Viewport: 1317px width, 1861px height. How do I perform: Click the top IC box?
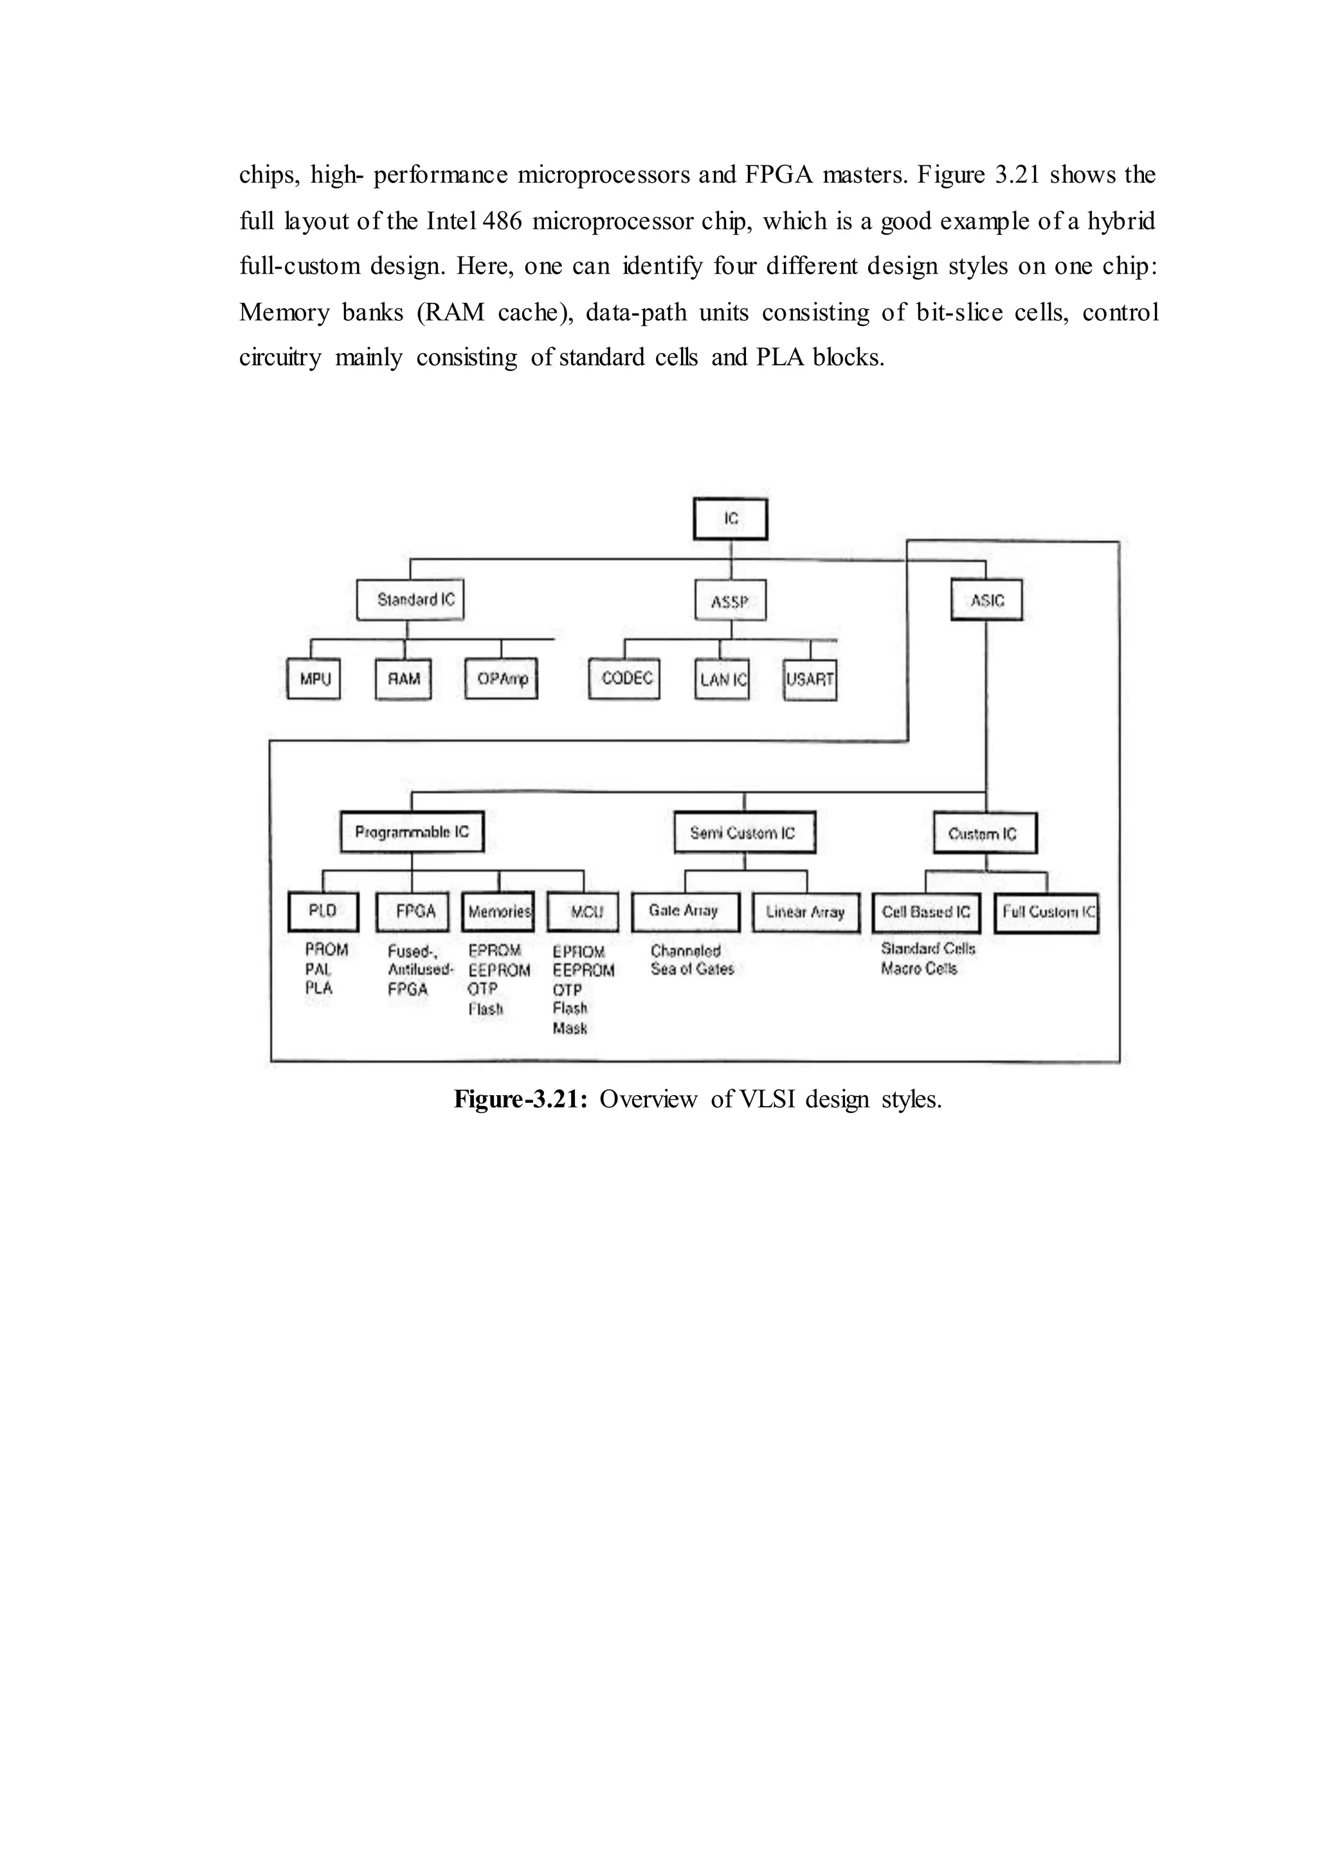pos(730,519)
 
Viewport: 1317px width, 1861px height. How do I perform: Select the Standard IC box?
pos(410,601)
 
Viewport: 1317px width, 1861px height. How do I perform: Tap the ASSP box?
pos(731,602)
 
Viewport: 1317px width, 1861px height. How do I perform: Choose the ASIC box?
pos(986,601)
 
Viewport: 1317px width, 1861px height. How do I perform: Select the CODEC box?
pos(624,678)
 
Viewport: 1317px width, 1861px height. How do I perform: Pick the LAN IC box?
pos(722,680)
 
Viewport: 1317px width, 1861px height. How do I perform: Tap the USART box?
pos(810,680)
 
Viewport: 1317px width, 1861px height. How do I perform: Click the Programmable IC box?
pos(412,832)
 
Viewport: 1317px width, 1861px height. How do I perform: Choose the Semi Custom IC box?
pos(745,833)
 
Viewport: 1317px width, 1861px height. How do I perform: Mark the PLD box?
pos(323,911)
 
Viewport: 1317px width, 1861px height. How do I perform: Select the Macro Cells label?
pos(919,969)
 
